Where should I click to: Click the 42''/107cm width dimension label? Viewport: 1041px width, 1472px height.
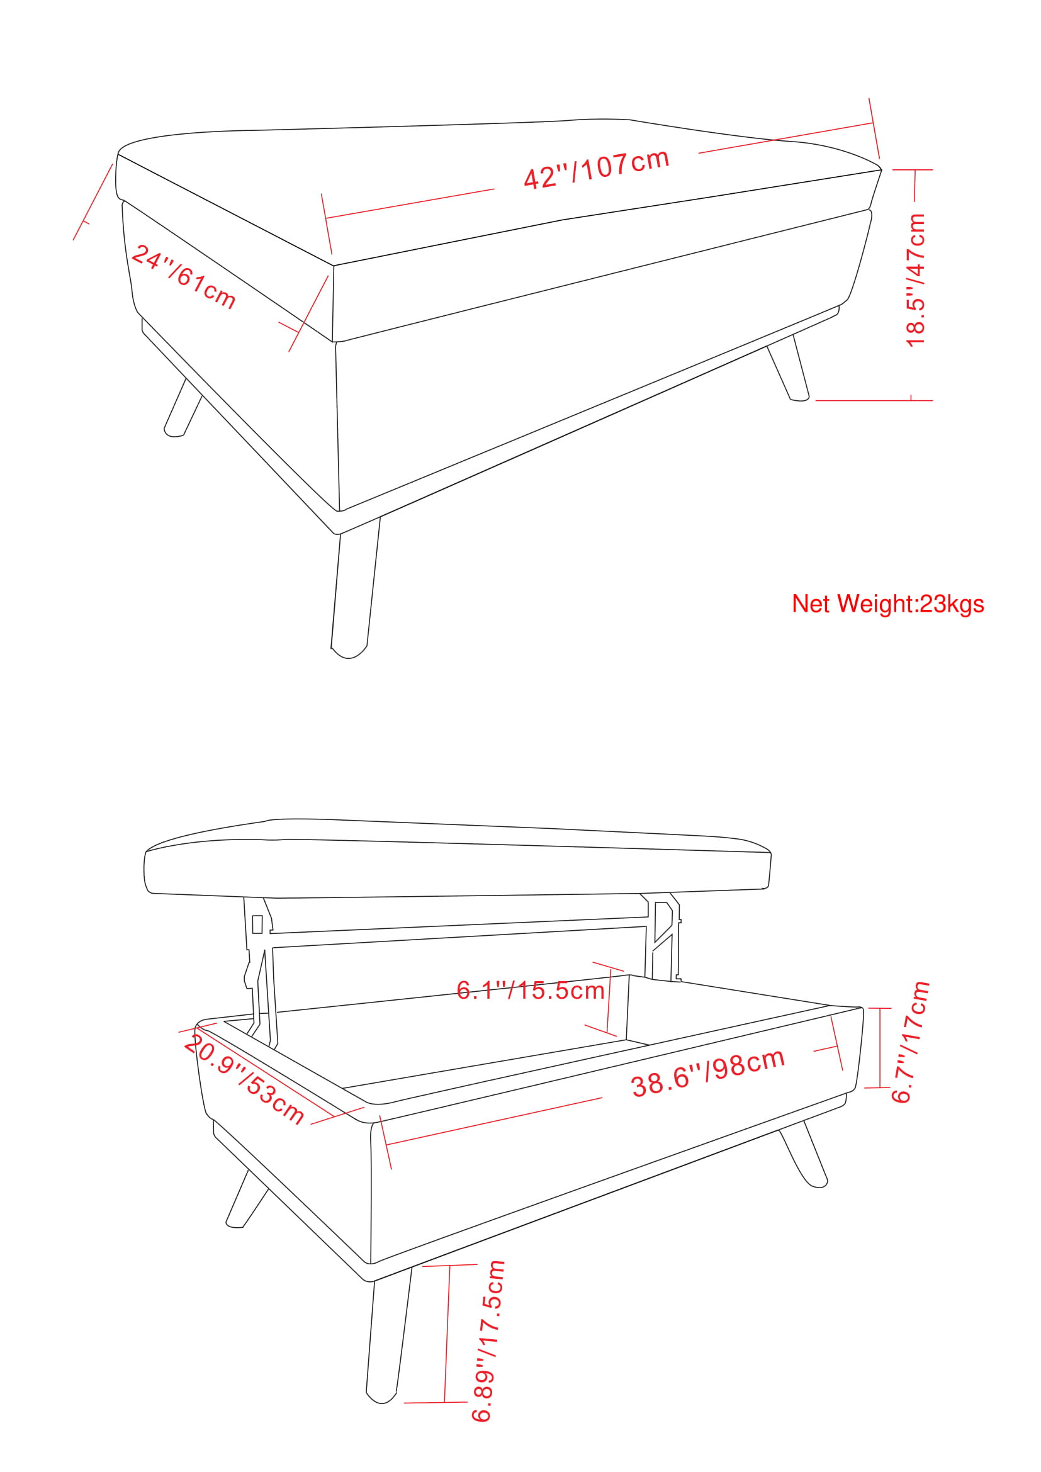(x=596, y=169)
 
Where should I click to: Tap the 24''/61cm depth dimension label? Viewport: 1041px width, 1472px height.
(x=184, y=277)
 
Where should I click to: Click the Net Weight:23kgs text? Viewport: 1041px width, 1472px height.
(x=888, y=604)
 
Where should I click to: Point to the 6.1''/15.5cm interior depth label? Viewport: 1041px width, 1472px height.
(x=531, y=991)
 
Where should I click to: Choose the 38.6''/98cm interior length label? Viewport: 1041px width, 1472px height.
(x=708, y=1073)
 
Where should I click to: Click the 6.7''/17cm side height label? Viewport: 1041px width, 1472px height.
(x=910, y=1042)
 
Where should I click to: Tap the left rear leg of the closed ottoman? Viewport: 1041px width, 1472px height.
(x=183, y=408)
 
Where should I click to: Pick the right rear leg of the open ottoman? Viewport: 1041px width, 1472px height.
(x=803, y=1155)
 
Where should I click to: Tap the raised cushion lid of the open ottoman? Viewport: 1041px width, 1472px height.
(x=458, y=858)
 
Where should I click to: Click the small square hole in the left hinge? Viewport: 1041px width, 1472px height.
(x=257, y=924)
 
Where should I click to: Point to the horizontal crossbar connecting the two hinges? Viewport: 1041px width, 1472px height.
(x=459, y=932)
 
